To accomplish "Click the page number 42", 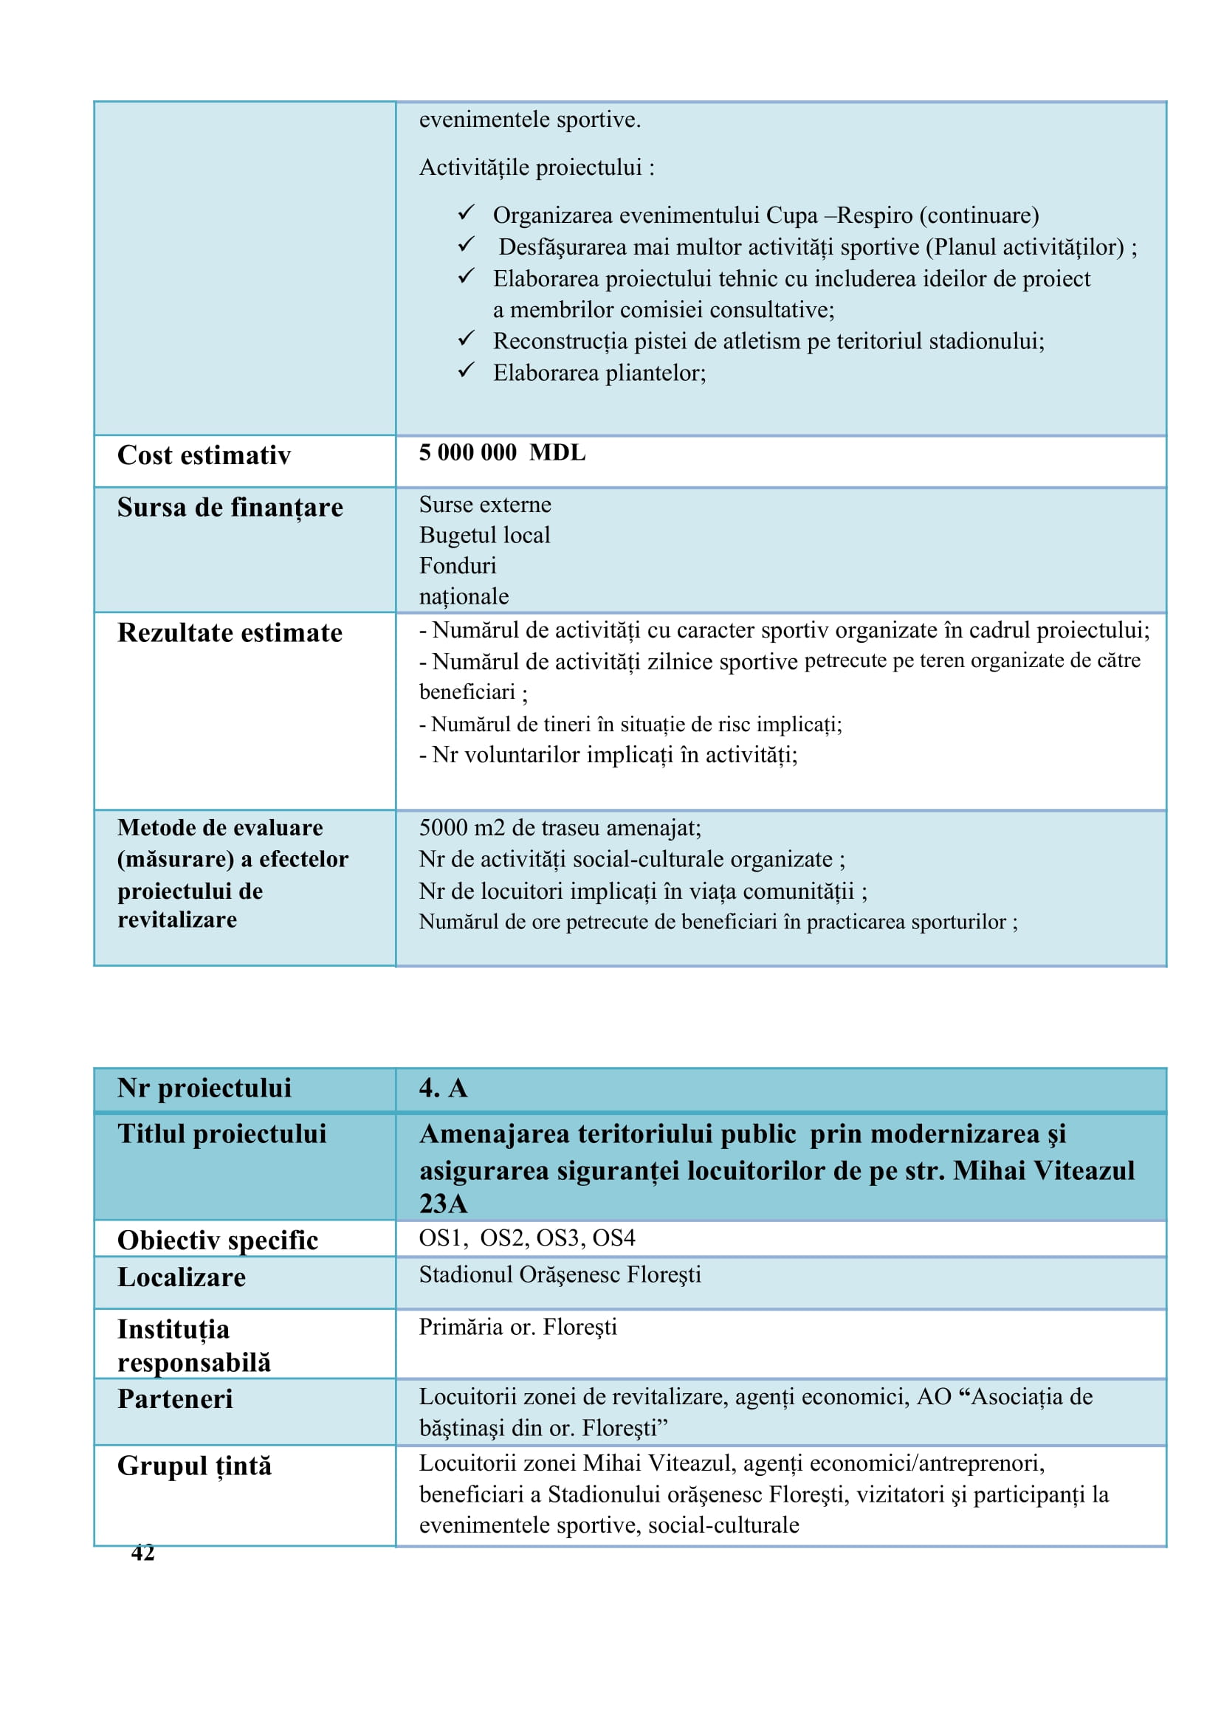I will point(143,1553).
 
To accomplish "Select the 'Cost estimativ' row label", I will point(204,455).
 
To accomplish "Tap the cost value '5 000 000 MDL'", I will point(502,452).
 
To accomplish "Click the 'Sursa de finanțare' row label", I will point(230,508).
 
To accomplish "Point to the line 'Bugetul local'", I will point(485,535).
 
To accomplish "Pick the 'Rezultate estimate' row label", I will point(230,633).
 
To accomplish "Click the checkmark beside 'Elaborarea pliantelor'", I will point(466,370).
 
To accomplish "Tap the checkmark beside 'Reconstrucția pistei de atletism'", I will point(466,338).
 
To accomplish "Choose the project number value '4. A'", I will point(444,1088).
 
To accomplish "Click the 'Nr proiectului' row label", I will point(204,1088).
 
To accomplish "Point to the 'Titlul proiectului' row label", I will point(221,1133).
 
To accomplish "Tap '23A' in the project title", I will point(444,1204).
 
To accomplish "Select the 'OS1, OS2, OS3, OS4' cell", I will point(527,1238).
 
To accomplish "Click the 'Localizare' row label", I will point(182,1277).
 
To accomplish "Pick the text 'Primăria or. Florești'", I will point(518,1327).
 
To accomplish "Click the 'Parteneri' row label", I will point(175,1399).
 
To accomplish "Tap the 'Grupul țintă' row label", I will point(195,1467).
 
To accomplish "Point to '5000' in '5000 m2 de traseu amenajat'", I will point(444,829).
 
